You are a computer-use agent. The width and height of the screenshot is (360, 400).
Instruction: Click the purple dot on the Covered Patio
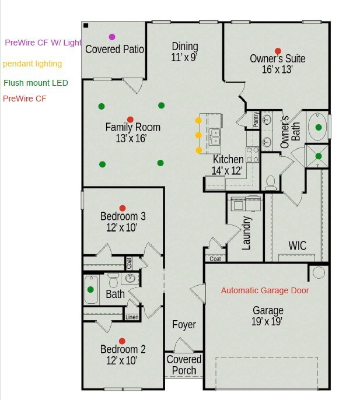click(112, 37)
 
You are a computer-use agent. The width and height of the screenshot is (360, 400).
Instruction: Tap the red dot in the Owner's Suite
click(278, 51)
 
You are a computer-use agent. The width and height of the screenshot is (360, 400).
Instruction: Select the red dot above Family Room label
click(130, 120)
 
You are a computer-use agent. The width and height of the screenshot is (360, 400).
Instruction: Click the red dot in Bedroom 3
click(123, 208)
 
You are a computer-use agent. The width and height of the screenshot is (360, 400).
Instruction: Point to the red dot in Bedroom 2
click(122, 341)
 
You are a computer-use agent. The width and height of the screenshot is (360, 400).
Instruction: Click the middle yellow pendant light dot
click(198, 135)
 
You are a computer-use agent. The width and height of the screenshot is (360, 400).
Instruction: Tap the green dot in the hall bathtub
click(90, 289)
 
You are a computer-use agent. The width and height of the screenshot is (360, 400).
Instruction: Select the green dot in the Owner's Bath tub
click(319, 127)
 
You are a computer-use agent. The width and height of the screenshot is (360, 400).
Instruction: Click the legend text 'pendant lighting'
click(33, 64)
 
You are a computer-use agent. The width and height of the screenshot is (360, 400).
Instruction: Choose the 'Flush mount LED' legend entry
click(36, 83)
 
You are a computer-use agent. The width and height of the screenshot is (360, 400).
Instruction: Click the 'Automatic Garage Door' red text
click(265, 290)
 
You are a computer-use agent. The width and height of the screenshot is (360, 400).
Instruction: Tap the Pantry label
click(256, 120)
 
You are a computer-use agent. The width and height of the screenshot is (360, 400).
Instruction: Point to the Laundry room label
click(246, 233)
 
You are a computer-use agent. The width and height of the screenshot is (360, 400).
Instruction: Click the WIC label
click(298, 245)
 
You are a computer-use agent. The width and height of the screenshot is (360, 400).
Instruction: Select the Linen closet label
click(132, 317)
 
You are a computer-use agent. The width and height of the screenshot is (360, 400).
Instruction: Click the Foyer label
click(184, 324)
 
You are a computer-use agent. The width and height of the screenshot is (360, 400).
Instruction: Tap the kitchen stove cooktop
click(252, 155)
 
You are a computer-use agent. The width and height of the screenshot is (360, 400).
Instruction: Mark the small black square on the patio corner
click(86, 26)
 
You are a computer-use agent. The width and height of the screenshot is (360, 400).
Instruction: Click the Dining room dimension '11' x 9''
click(184, 57)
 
